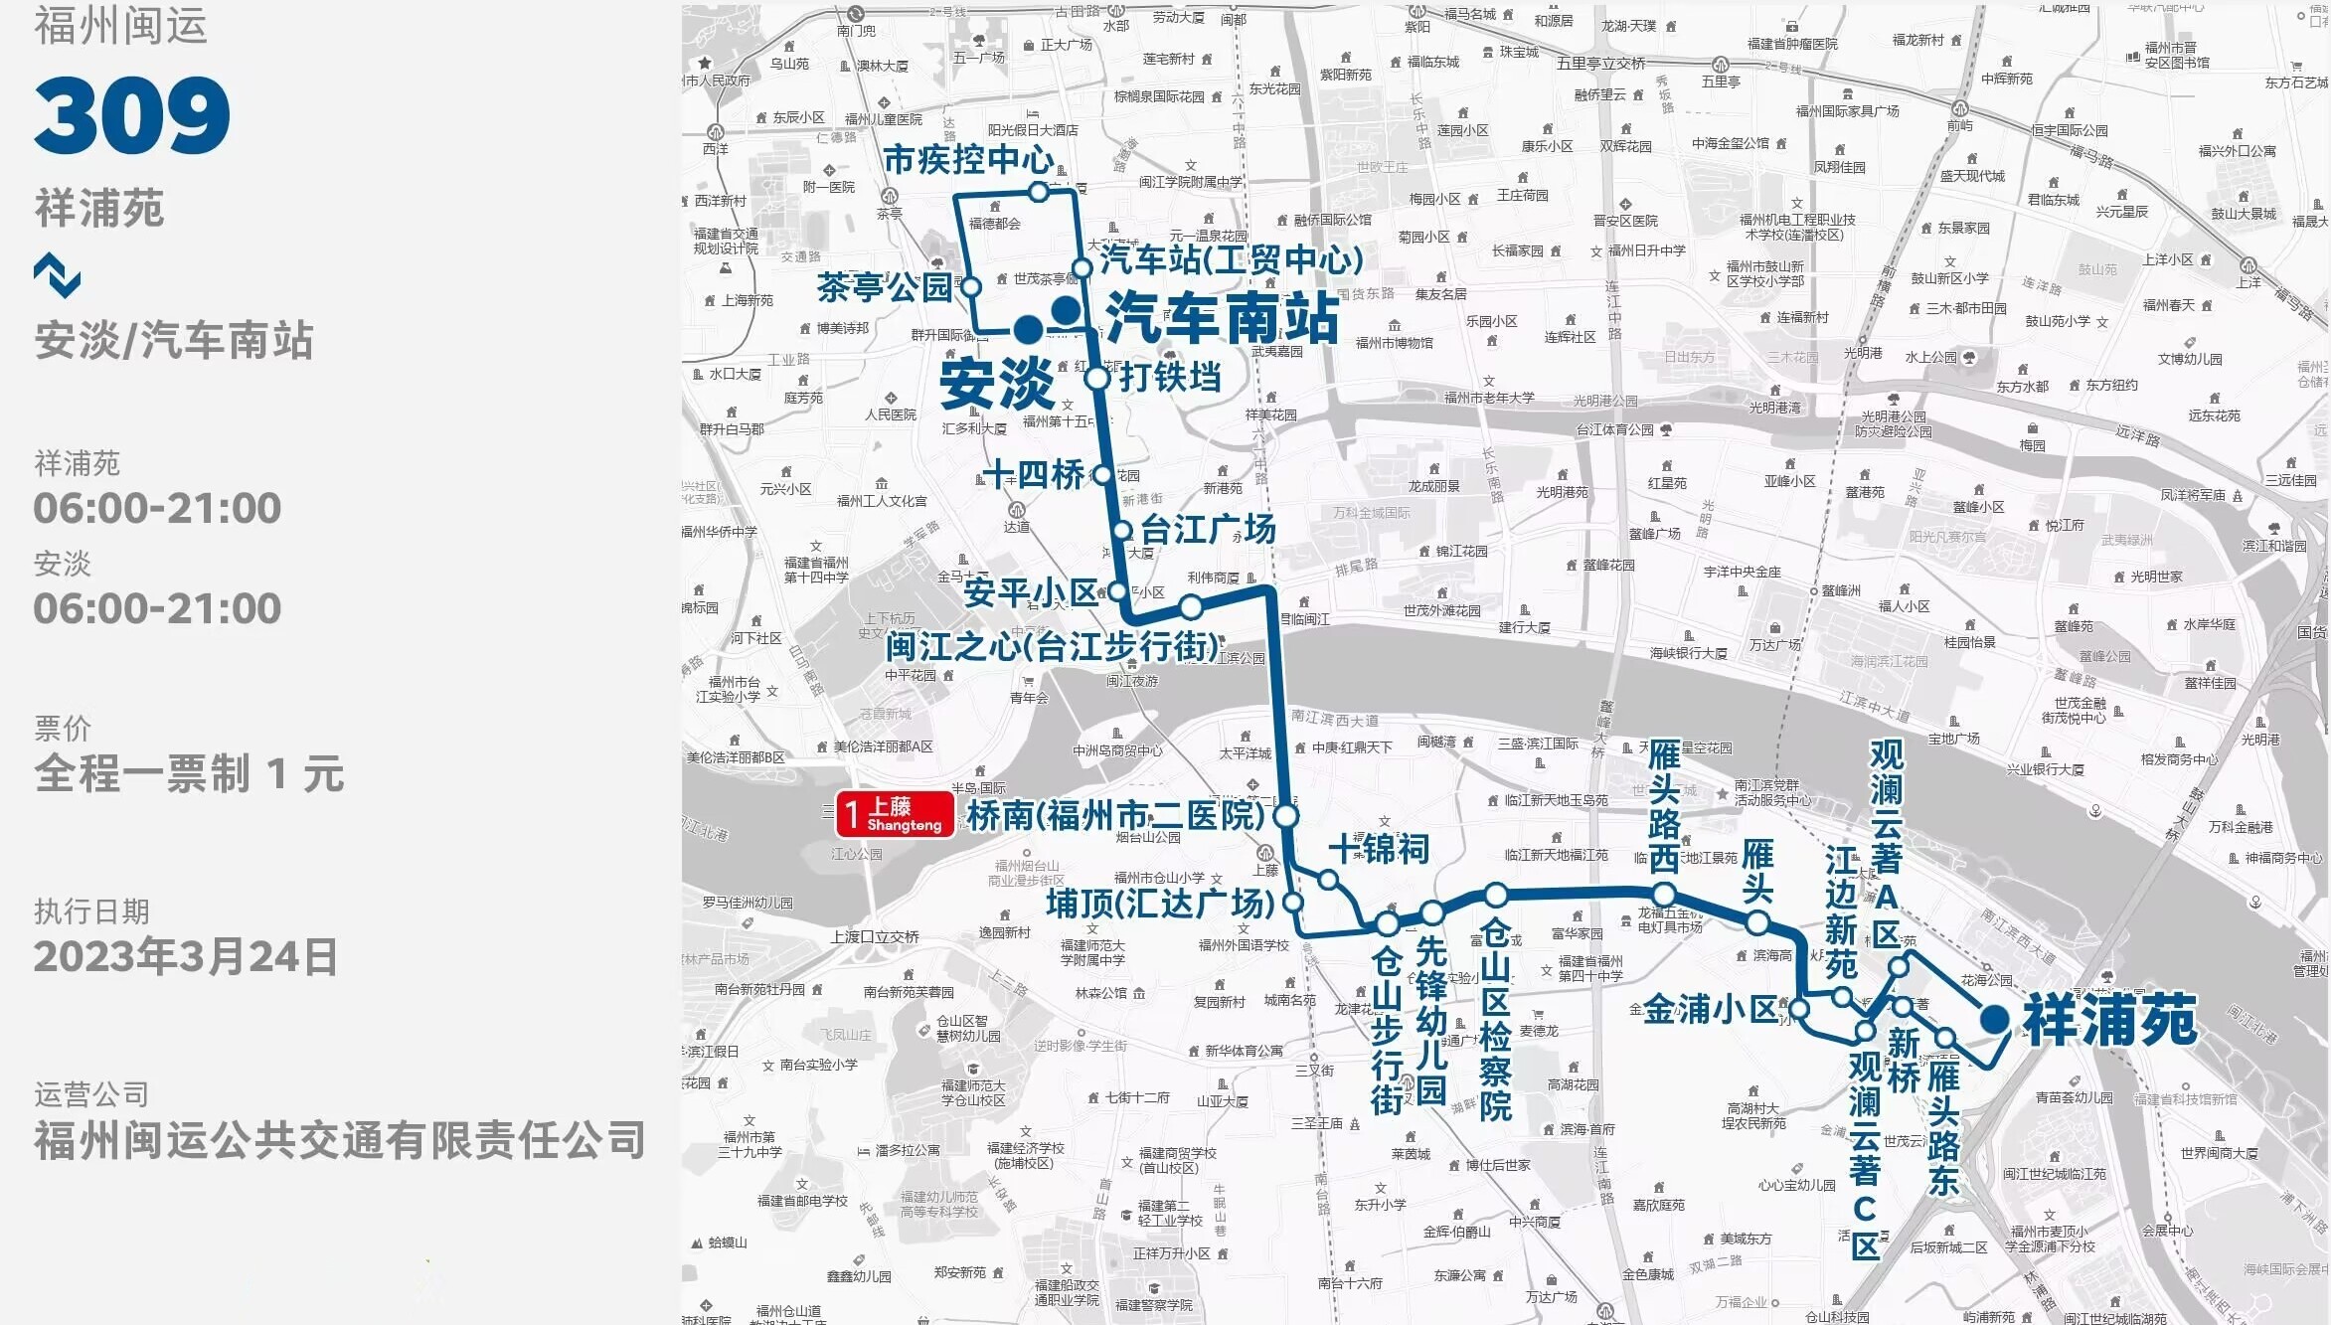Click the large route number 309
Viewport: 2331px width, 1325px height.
(x=132, y=115)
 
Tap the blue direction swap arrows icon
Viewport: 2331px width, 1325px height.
(x=57, y=274)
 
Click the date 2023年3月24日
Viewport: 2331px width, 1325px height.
(x=186, y=956)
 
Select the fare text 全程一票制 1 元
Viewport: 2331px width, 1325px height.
(x=189, y=773)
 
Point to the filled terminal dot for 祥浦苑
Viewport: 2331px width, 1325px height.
(x=1993, y=1019)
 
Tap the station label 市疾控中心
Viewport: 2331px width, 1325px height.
(x=968, y=159)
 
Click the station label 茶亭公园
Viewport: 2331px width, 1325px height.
(x=885, y=287)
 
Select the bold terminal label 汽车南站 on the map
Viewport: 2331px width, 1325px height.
(x=1222, y=318)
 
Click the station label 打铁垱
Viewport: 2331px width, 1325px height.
(x=1170, y=378)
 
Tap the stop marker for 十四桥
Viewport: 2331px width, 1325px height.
(x=1101, y=475)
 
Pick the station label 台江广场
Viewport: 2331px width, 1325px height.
(x=1208, y=529)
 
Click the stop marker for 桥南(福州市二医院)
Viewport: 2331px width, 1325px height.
(x=1286, y=816)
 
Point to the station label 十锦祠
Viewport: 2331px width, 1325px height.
(x=1379, y=849)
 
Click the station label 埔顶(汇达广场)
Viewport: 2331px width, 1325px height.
(x=1160, y=904)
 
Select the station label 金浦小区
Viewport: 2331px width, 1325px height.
(x=1710, y=1010)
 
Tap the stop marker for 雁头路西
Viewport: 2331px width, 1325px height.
(x=1664, y=895)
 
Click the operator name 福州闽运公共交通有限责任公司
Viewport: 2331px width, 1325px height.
(x=340, y=1140)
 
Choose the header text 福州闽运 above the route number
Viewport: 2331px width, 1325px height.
(x=121, y=26)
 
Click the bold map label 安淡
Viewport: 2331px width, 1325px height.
(x=996, y=383)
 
